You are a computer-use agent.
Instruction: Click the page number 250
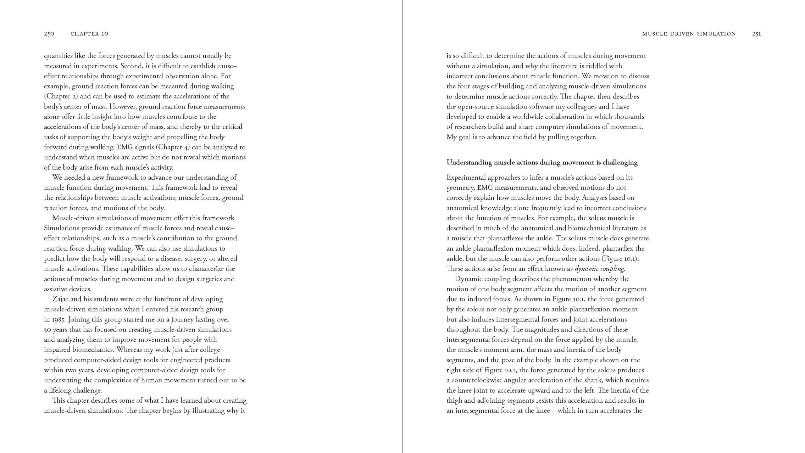49,34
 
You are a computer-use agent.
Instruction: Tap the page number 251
757,34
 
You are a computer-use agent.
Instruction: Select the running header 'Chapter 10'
90,34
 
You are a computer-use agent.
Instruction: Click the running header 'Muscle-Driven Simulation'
689,34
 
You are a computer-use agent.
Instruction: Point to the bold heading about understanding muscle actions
542,162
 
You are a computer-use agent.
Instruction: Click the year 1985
58,319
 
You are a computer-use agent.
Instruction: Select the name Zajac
60,299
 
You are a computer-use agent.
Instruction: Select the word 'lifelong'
60,390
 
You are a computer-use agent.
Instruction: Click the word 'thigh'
454,400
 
